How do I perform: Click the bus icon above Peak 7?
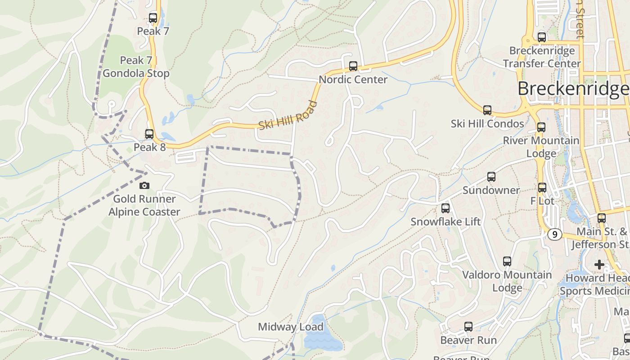coord(153,18)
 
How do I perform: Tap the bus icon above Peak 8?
coord(149,134)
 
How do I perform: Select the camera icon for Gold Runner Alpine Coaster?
coord(144,185)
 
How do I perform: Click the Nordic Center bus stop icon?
coord(353,66)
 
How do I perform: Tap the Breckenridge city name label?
coord(572,89)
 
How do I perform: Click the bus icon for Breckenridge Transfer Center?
coord(542,37)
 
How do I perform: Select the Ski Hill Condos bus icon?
coord(487,110)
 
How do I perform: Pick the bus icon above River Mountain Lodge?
coord(541,127)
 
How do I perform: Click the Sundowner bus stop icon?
coord(491,177)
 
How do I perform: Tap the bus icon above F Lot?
coord(542,188)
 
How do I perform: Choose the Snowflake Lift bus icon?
coord(445,208)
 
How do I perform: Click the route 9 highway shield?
coord(555,234)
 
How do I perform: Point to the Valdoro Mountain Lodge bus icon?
coord(507,261)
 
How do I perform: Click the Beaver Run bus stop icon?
coord(468,327)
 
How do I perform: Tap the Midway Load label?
coord(290,327)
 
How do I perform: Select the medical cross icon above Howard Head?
coord(599,265)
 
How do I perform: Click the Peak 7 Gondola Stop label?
coord(136,67)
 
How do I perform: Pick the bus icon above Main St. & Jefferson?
coord(602,218)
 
